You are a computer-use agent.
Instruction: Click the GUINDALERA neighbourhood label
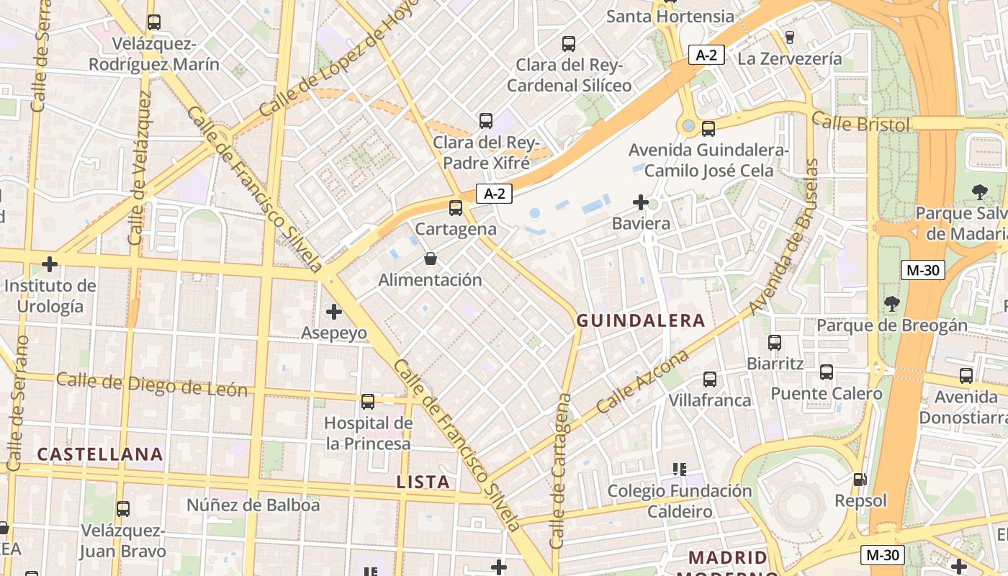[641, 321]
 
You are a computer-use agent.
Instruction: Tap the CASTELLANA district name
[100, 454]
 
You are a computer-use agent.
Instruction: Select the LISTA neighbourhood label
[423, 482]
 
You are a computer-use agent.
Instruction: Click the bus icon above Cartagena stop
[455, 208]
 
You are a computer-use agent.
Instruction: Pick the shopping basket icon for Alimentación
[430, 258]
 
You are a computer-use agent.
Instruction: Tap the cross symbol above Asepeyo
[333, 312]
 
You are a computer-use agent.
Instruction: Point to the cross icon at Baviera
[640, 202]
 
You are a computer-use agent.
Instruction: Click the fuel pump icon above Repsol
[860, 480]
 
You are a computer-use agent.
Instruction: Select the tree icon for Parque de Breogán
[892, 304]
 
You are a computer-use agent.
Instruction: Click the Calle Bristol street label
[861, 123]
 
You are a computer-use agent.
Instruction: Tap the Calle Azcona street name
[642, 382]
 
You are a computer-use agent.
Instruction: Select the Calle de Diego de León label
[152, 385]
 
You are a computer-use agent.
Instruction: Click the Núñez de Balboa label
[253, 505]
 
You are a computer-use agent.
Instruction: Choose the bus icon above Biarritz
[775, 343]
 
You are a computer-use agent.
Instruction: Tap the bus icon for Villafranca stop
[710, 379]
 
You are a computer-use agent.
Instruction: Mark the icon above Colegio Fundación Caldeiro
[679, 470]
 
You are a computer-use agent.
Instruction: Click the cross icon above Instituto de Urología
[50, 264]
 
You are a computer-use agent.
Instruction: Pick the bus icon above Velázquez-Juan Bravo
[123, 509]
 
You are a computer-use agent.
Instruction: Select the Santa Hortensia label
[670, 16]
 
